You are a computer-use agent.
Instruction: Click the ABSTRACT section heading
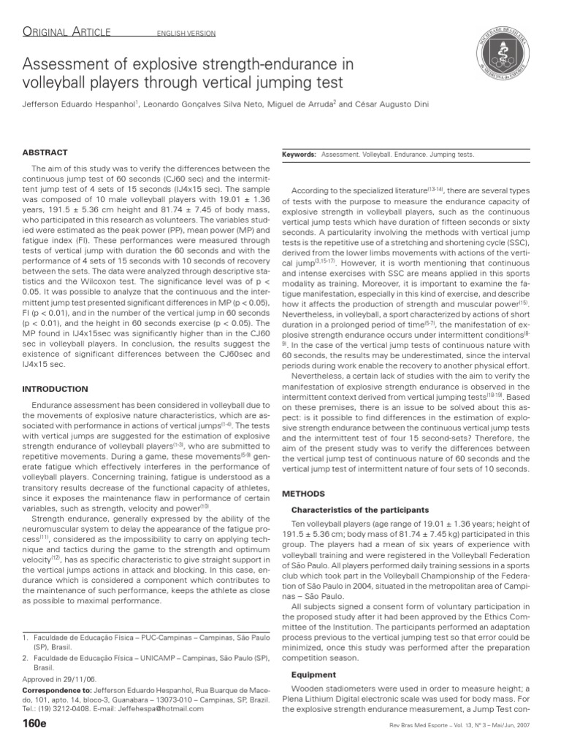pyautogui.click(x=45, y=152)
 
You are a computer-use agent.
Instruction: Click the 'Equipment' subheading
pyautogui.click(x=314, y=675)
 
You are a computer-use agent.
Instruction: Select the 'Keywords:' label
pyautogui.click(x=299, y=155)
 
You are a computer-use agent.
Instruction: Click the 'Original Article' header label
pyautogui.click(x=66, y=31)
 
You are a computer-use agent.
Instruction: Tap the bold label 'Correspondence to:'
pyautogui.click(x=58, y=689)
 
